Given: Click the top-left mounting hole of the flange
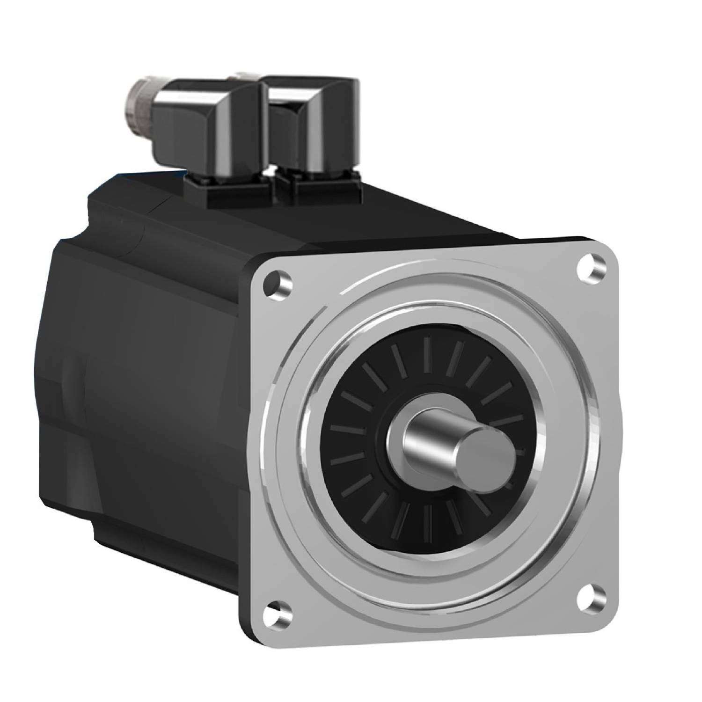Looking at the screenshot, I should pos(277,283).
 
